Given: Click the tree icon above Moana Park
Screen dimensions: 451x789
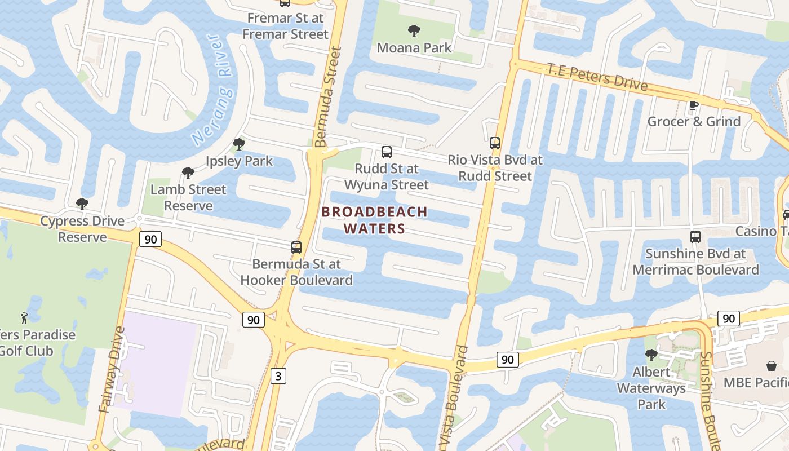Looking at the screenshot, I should click(414, 30).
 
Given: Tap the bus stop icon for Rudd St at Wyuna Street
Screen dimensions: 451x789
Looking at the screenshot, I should click(386, 152).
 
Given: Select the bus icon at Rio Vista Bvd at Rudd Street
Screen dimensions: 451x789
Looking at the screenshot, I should click(495, 143).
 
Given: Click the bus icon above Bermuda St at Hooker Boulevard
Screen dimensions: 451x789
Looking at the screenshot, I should click(296, 247).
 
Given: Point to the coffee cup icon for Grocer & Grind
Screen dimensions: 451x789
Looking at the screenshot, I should click(694, 105).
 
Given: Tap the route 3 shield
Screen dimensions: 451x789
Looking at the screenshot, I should click(278, 375).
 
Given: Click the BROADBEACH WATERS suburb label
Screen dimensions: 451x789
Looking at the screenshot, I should click(374, 220).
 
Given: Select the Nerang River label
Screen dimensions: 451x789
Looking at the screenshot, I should click(212, 89).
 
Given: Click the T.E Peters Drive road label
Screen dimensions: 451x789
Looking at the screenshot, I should click(597, 77).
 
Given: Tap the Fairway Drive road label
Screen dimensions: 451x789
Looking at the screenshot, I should click(112, 369).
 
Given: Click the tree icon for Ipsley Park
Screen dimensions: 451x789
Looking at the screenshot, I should click(238, 144).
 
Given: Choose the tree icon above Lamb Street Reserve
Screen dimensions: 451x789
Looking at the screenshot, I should click(188, 173).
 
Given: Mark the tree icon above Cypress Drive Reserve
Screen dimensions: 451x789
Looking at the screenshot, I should click(82, 204).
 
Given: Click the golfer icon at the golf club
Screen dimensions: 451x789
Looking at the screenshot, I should click(24, 318).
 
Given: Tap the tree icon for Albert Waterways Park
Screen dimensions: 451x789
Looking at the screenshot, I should click(651, 355).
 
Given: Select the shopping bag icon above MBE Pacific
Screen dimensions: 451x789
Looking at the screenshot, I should click(771, 366).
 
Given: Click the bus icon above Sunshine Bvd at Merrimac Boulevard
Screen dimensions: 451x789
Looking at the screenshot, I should click(695, 237).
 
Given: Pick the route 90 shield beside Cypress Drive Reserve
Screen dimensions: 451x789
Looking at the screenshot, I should click(150, 240).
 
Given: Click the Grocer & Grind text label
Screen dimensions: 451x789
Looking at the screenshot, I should click(694, 121).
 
